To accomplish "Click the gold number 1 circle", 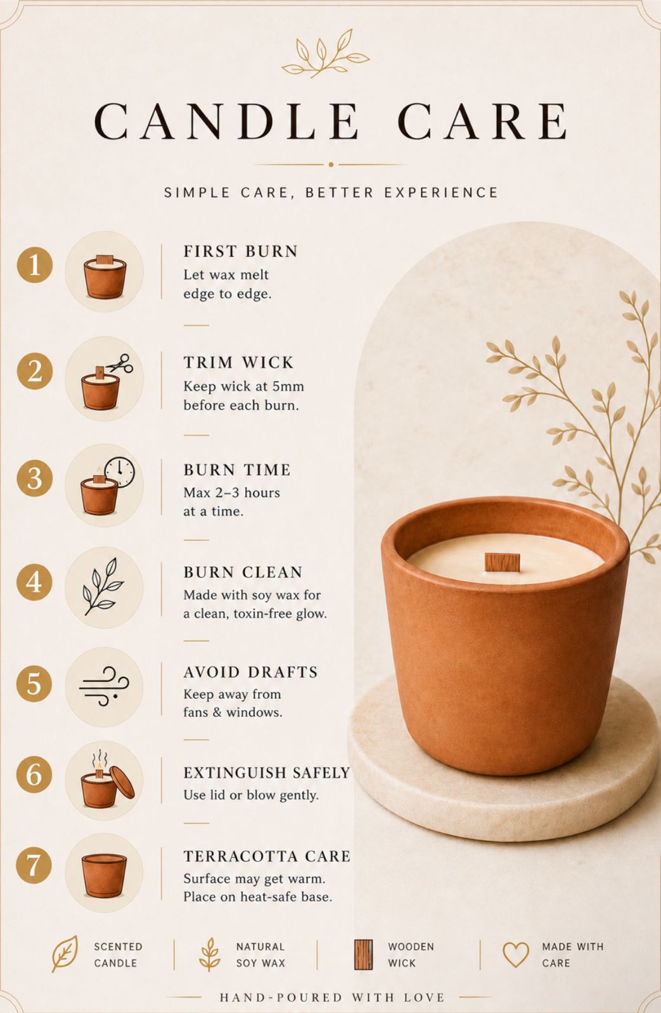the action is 34,265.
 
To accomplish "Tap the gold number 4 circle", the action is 34,582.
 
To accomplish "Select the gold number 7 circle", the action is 34,865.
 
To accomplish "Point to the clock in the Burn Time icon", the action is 120,472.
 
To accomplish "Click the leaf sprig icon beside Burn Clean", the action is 103,586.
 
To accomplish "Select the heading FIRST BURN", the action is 240,251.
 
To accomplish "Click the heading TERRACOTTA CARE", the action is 267,856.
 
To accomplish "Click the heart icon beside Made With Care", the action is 516,955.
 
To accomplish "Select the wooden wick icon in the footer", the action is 363,954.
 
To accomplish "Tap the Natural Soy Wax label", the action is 260,955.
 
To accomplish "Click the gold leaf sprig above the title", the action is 325,53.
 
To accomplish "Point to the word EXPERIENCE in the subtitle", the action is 441,192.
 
